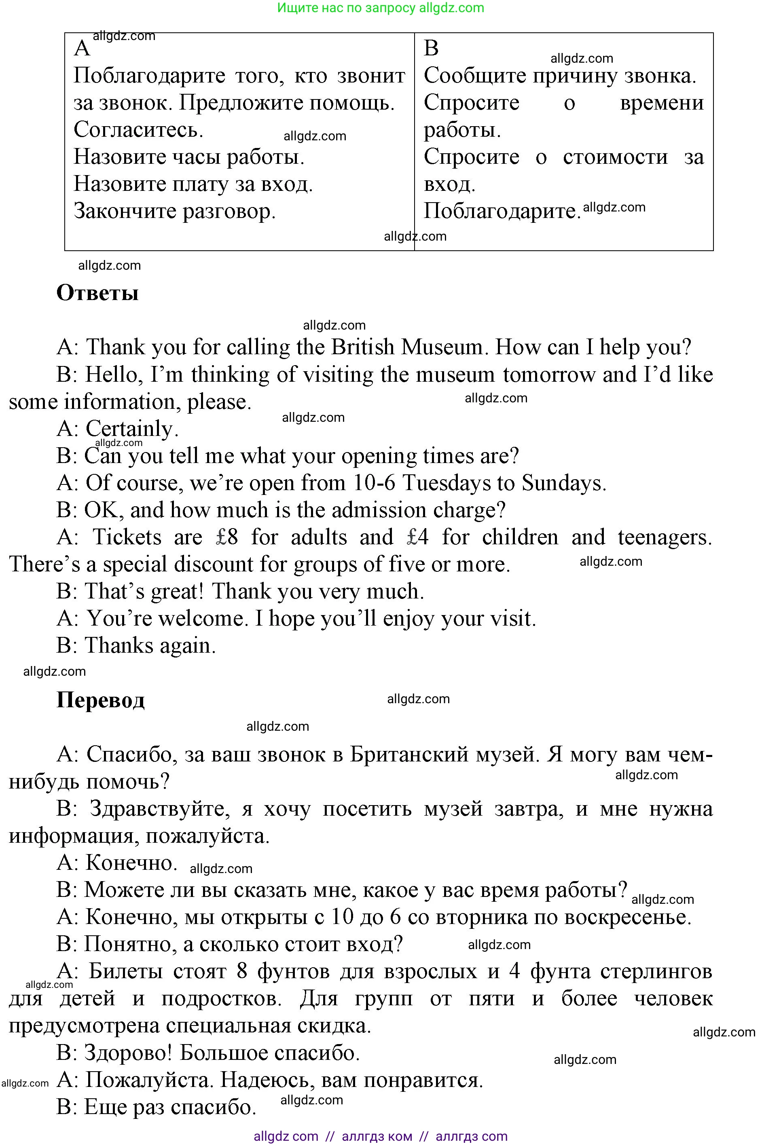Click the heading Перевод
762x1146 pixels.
tap(101, 700)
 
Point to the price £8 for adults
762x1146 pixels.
tap(227, 537)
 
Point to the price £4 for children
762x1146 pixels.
tap(417, 537)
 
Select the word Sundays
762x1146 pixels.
tap(564, 483)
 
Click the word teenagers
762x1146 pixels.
tap(664, 537)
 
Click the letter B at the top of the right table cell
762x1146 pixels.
tap(431, 48)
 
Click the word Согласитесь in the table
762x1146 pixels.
tap(138, 130)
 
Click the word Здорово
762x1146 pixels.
tap(128, 1053)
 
